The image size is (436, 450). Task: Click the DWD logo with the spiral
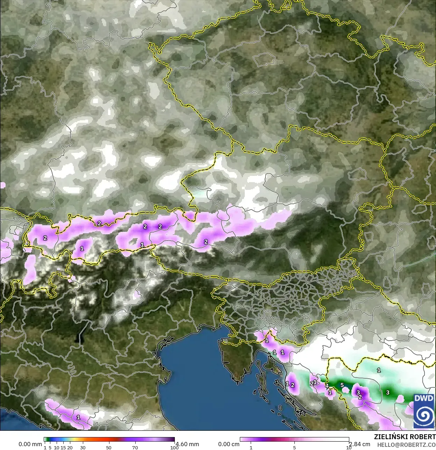[424, 410]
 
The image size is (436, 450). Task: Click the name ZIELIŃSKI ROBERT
[405, 437]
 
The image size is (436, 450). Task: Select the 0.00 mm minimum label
[30, 444]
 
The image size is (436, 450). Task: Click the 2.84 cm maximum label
[359, 444]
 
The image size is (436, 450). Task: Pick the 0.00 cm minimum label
[229, 444]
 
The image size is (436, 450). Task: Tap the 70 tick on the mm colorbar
[135, 448]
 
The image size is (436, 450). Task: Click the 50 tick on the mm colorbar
[109, 448]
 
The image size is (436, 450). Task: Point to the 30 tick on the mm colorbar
[83, 448]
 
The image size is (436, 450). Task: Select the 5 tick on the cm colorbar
[294, 448]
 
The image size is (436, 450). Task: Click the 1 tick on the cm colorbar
[251, 448]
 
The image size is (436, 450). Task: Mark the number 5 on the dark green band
[342, 385]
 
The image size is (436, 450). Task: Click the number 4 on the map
[327, 386]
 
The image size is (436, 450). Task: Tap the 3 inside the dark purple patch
[358, 392]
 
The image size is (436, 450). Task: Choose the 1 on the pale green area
[379, 370]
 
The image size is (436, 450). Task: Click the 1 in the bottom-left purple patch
[78, 417]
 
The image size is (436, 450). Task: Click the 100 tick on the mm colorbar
[174, 448]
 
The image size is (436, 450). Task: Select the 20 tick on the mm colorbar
[70, 448]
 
